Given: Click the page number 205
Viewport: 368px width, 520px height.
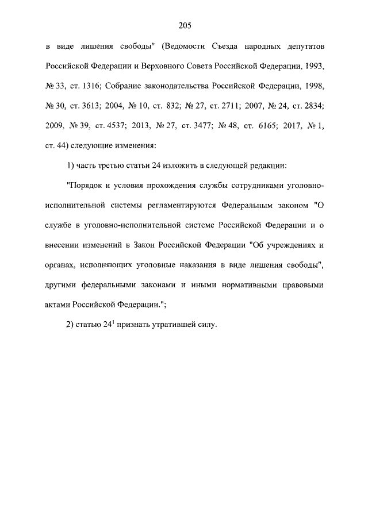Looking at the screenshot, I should click(184, 25).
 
